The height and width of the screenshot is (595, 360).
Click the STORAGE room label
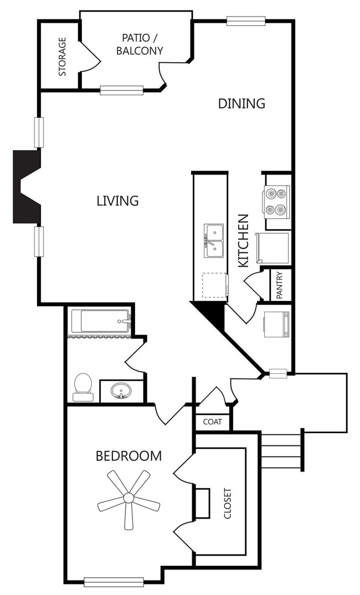(x=63, y=57)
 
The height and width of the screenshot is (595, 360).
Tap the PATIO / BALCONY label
(x=143, y=44)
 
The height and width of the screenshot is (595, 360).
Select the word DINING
(x=241, y=104)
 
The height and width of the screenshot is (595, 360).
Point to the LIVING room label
(x=117, y=201)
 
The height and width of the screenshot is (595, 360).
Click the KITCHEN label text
(x=243, y=241)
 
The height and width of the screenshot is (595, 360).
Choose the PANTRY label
(x=280, y=285)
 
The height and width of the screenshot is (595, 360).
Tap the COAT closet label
(x=212, y=422)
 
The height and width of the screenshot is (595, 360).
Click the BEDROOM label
(x=128, y=456)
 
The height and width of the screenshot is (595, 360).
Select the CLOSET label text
(x=227, y=503)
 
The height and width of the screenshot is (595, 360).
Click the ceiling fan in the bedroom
(x=128, y=498)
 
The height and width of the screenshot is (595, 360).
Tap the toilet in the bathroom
(x=83, y=387)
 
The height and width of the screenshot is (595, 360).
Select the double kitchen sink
(x=213, y=242)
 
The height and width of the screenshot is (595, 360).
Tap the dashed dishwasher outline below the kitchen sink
(x=214, y=286)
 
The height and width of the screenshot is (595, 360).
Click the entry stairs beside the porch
(x=281, y=450)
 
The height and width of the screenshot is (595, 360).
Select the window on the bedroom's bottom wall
(x=114, y=582)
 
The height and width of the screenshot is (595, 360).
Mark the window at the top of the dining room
(x=246, y=21)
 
